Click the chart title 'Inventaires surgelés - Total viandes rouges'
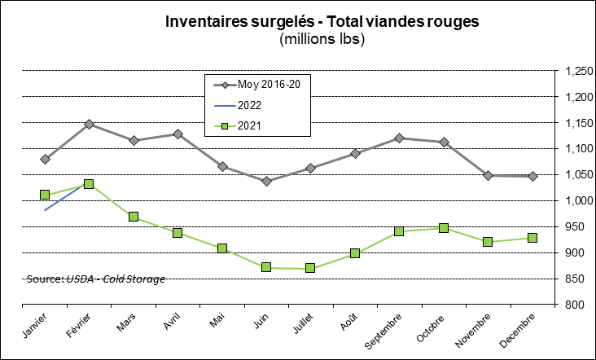coord(322,22)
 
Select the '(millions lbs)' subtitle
coord(322,38)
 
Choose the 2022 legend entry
coord(249,105)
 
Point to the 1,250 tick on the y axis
coord(576,72)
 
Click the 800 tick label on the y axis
coord(580,305)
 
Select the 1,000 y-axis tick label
coord(576,201)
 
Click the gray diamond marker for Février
coord(89,125)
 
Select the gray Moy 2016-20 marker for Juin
coord(266,181)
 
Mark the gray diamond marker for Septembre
coord(399,138)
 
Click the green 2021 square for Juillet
coord(310,268)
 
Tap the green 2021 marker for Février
coord(89,184)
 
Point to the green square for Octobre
coord(444,228)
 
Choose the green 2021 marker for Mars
coord(134,217)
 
